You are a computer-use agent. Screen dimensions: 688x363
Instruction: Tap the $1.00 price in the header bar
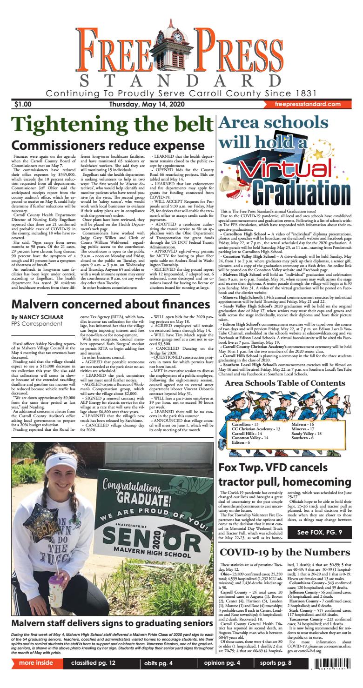[23, 104]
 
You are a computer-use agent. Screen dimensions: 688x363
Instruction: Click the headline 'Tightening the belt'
[111, 125]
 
